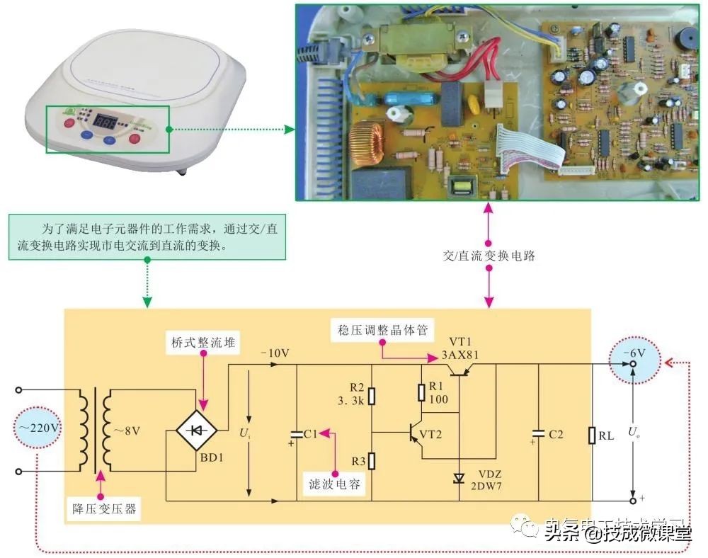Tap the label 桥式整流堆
(202, 342)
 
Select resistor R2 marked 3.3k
(371, 395)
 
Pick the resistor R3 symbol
(371, 462)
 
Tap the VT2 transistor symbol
(414, 433)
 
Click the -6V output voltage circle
(633, 357)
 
